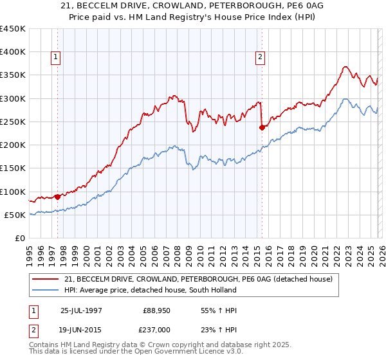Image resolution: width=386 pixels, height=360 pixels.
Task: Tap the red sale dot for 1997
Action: [x=58, y=197]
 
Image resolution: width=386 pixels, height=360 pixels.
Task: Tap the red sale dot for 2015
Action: [x=262, y=127]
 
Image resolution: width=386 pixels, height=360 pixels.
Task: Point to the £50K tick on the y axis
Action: [x=14, y=215]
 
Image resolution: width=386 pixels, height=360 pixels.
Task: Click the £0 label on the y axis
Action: [x=20, y=239]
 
